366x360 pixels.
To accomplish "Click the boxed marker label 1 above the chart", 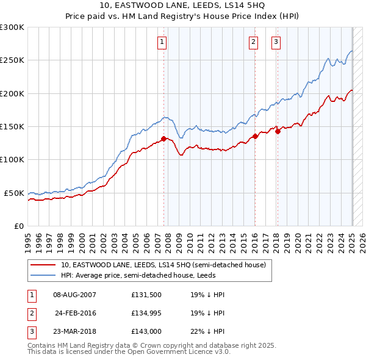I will (162, 42).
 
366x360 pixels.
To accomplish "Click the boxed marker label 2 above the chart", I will (253, 42).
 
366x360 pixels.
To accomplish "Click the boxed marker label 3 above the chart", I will (276, 42).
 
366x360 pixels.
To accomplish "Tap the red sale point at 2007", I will (163, 139).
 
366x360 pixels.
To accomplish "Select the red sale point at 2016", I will (255, 136).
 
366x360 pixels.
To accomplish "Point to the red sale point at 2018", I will (277, 131).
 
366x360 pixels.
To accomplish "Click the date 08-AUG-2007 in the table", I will (74, 295).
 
